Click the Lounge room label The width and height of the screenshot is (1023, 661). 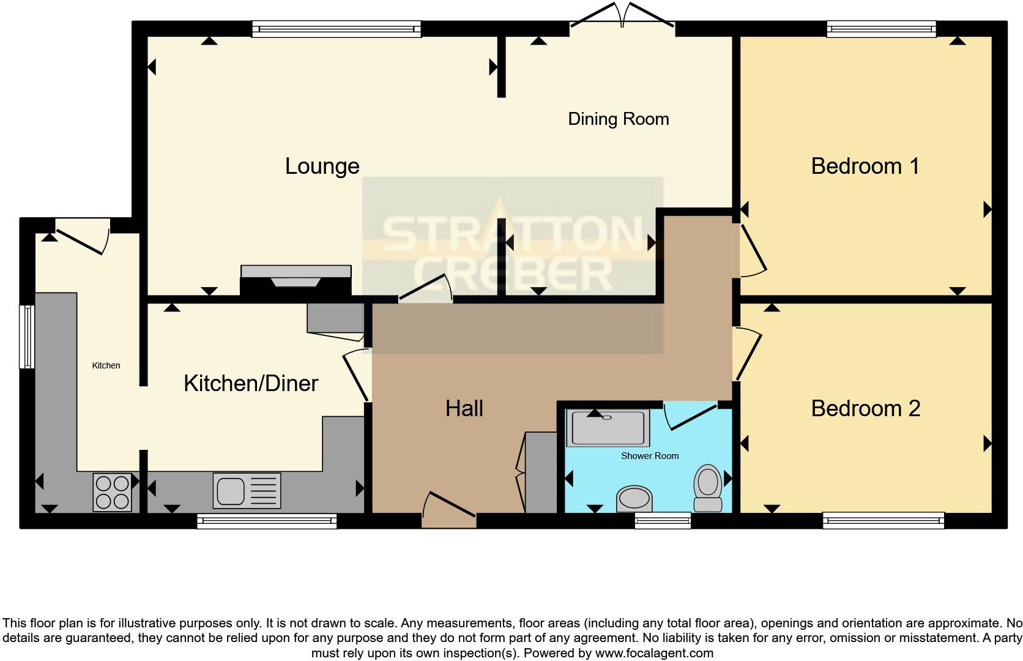click(322, 166)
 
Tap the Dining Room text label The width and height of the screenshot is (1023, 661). click(618, 119)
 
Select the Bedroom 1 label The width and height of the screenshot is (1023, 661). click(865, 166)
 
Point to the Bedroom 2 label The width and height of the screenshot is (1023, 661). click(865, 409)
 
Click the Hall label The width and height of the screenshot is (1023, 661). click(464, 409)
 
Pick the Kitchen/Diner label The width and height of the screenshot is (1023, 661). click(251, 384)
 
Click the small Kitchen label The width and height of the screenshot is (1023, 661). click(106, 365)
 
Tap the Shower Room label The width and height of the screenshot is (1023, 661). click(649, 456)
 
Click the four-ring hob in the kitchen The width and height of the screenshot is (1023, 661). click(113, 492)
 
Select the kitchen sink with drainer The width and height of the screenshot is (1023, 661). click(247, 490)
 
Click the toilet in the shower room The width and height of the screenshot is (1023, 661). click(707, 488)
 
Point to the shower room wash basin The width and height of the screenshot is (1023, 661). click(634, 499)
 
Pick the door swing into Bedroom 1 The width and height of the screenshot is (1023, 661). click(752, 251)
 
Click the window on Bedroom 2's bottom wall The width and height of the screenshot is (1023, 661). click(883, 521)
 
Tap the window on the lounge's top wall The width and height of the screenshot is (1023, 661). click(337, 29)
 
